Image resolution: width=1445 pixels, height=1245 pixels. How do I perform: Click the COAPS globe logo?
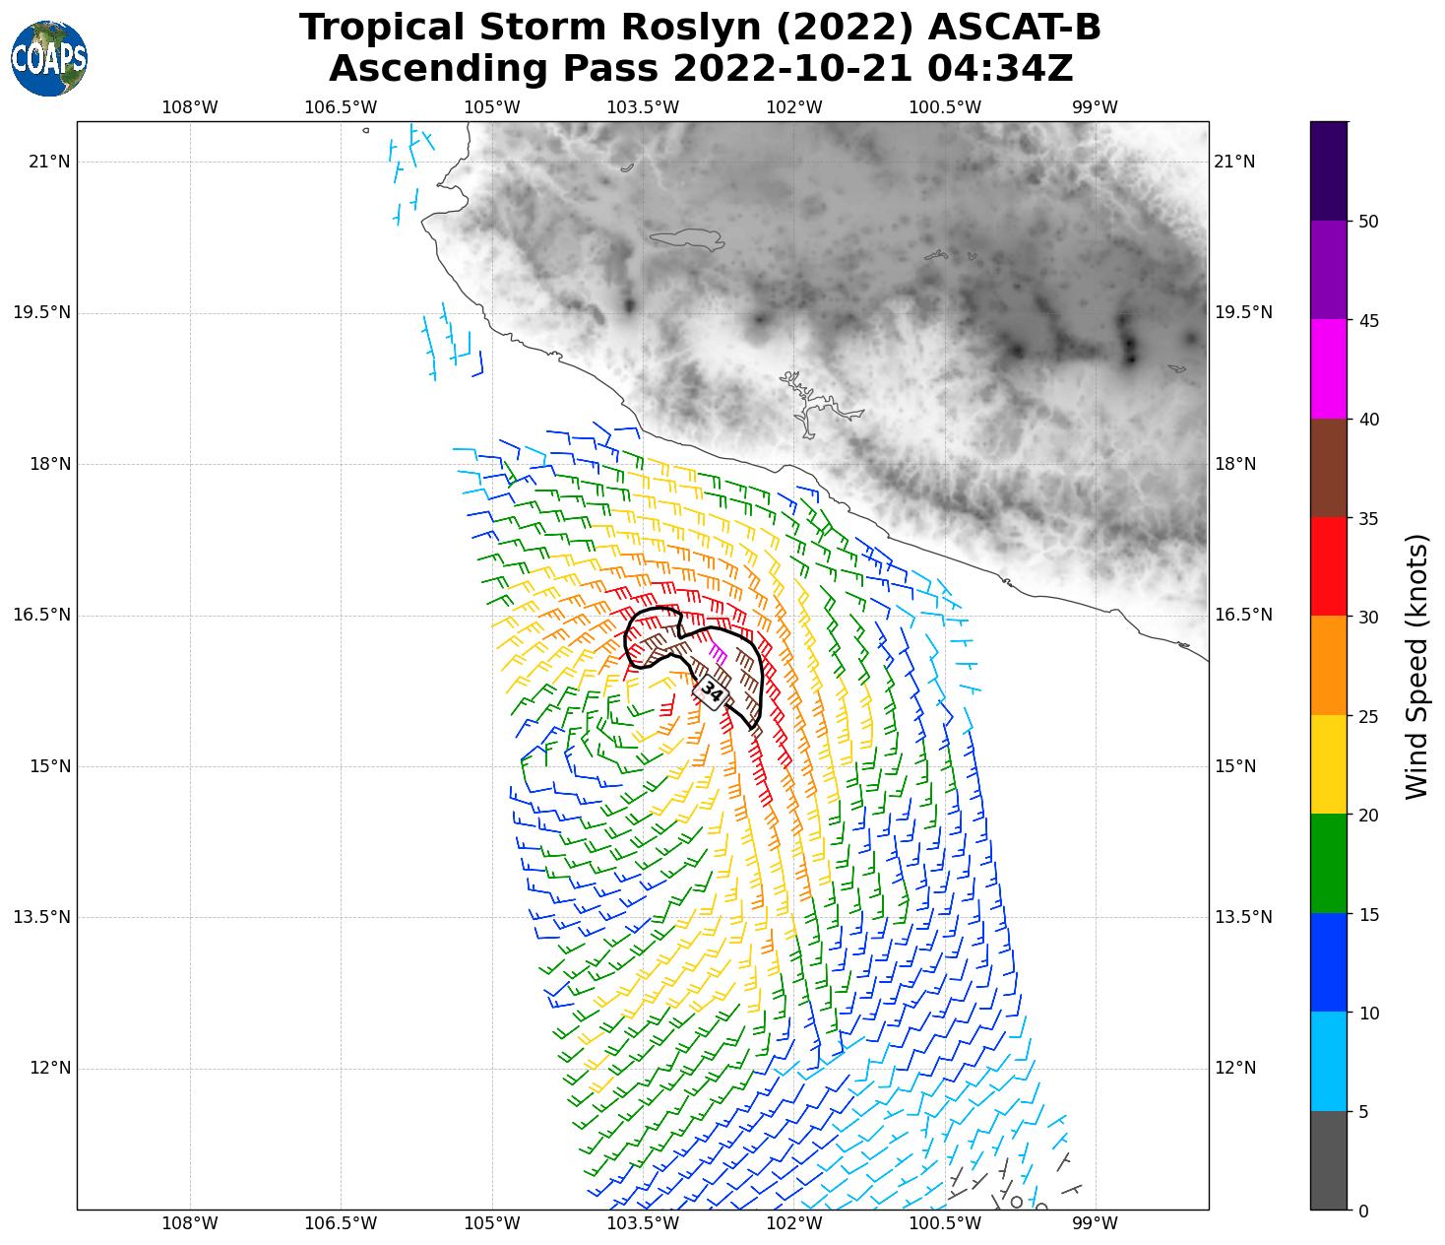pos(48,59)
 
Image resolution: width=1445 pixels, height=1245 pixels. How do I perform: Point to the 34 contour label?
pos(712,693)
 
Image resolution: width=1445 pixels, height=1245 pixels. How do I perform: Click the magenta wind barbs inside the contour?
pos(719,652)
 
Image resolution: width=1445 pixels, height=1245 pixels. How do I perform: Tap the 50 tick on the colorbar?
pos(1368,222)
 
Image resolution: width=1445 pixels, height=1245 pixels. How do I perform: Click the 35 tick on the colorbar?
pos(1368,518)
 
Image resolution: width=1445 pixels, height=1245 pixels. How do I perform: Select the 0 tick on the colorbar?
pos(1363,1211)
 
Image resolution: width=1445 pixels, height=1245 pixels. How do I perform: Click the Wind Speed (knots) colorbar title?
pos(1416,666)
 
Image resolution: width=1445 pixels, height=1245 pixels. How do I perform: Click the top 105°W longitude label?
pos(491,107)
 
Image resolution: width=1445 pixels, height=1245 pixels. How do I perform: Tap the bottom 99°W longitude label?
pos(1095,1223)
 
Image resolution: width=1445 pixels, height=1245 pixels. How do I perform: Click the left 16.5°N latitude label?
pos(41,616)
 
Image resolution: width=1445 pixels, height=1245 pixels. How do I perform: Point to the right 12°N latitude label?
pos(1235,1068)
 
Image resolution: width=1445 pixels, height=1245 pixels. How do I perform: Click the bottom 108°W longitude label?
pos(190,1223)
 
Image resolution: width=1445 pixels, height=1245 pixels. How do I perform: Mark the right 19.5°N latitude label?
pos(1243,313)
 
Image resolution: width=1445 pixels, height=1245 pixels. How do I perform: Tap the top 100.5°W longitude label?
pos(959,107)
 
